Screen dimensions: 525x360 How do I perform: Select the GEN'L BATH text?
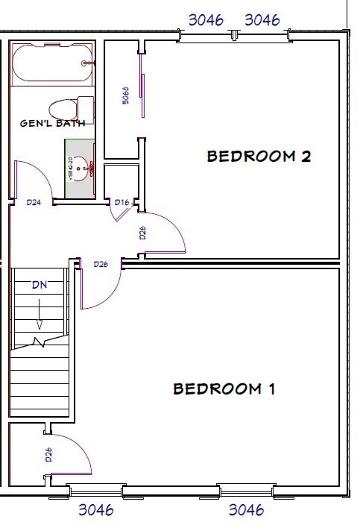pyautogui.click(x=52, y=123)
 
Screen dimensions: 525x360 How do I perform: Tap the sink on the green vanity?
pyautogui.click(x=89, y=169)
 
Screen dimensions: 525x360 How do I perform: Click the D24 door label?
pyautogui.click(x=33, y=202)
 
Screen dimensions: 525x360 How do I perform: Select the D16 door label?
pyautogui.click(x=122, y=202)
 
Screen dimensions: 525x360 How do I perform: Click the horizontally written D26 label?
pyautogui.click(x=101, y=264)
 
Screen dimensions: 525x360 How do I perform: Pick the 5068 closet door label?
pyautogui.click(x=126, y=95)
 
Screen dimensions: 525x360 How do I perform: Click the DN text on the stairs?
pyautogui.click(x=40, y=284)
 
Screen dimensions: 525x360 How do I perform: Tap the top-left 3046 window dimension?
pyautogui.click(x=206, y=20)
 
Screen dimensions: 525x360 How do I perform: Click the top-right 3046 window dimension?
pyautogui.click(x=262, y=20)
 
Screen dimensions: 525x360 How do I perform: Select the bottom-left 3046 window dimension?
pyautogui.click(x=96, y=511)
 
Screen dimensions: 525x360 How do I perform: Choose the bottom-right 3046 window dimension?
pyautogui.click(x=246, y=511)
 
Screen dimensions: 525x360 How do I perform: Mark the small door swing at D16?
pyautogui.click(x=119, y=214)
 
